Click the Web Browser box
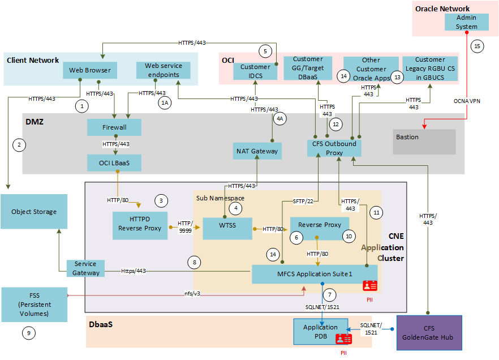pos(90,71)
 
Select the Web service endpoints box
pos(163,70)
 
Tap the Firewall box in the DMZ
pos(114,127)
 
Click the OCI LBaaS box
pos(114,164)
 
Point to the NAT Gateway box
pos(257,151)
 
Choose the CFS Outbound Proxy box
pos(334,148)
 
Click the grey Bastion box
pos(424,142)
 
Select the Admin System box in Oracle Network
pos(466,22)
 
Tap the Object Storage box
pos(34,212)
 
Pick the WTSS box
pos(227,229)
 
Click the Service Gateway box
pos(85,268)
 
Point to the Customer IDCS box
pos(255,71)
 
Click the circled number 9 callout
pos(29,333)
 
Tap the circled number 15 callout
pos(478,46)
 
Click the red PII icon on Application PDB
pos(343,339)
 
